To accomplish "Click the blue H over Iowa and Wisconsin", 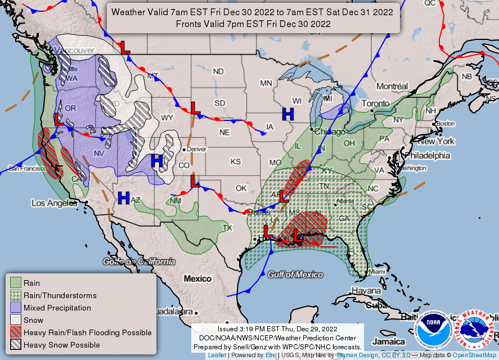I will click(x=287, y=114).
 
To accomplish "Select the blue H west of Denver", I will click(x=157, y=161).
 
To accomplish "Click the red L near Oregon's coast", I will click(x=59, y=119).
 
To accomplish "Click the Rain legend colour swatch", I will click(x=16, y=283).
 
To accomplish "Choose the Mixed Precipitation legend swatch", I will click(x=16, y=308).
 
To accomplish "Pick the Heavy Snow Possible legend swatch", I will click(x=16, y=345).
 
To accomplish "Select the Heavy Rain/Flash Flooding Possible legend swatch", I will click(x=16, y=332).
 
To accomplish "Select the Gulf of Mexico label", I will click(x=295, y=274).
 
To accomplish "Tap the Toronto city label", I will click(x=375, y=103).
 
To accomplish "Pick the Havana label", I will click(x=366, y=291).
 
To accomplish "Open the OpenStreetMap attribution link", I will click(x=474, y=355).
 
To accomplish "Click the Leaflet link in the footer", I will click(x=217, y=355).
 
